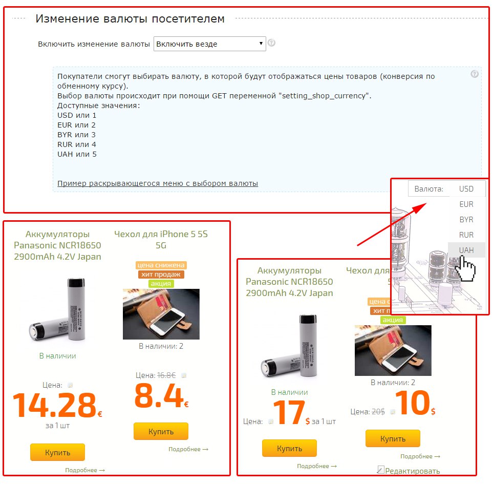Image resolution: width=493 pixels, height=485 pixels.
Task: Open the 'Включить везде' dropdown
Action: [210, 44]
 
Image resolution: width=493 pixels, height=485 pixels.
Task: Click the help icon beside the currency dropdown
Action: [271, 43]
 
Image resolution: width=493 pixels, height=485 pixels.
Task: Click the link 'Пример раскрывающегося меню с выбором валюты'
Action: [158, 183]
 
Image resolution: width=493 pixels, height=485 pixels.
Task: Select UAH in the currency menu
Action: [466, 250]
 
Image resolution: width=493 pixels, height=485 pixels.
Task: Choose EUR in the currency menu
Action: [466, 204]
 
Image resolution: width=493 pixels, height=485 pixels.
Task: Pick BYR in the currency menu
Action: [466, 220]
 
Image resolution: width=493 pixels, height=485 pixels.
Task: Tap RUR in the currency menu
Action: [466, 235]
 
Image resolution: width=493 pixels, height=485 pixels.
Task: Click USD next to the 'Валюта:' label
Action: [466, 189]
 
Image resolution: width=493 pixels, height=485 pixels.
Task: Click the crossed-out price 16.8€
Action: [166, 375]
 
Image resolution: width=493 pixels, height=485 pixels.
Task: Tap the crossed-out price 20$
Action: [378, 412]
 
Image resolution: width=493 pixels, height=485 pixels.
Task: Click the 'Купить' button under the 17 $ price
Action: [289, 448]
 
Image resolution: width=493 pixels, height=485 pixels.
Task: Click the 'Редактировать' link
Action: [412, 471]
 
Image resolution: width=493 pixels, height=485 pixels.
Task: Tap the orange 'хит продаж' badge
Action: [161, 275]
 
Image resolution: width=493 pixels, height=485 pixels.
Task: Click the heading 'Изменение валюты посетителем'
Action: [130, 19]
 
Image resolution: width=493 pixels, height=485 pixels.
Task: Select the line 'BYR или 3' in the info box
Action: [76, 135]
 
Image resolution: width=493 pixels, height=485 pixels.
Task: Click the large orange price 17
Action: [289, 412]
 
